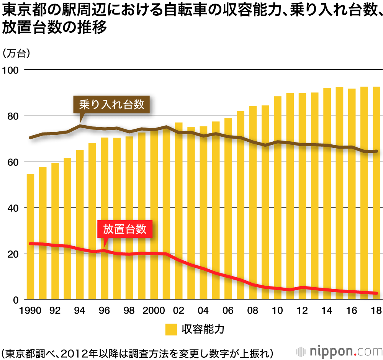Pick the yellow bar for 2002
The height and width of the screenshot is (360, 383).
coord(178,211)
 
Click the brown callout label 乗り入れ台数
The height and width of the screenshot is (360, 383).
coord(112,105)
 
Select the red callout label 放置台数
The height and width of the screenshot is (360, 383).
coord(125,229)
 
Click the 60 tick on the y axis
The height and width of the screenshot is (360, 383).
coord(13,162)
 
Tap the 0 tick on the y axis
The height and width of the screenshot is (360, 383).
coord(16,300)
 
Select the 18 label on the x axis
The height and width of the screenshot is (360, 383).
coord(376,311)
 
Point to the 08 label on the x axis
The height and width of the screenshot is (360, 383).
coord(253,311)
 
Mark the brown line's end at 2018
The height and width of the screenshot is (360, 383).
coord(376,151)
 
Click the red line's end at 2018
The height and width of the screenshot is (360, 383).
coord(376,293)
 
